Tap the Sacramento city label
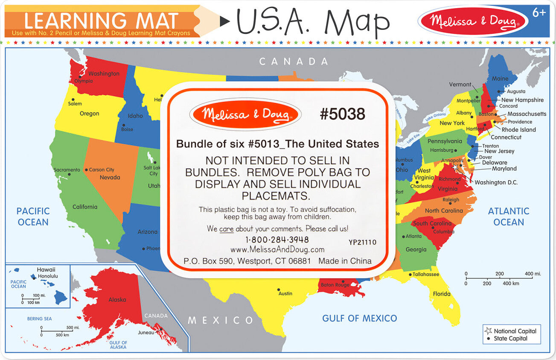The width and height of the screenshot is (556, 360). click(67, 170)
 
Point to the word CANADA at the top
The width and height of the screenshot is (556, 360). click(294, 61)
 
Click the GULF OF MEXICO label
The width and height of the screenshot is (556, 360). click(359, 318)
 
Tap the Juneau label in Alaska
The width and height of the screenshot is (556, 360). click(146, 333)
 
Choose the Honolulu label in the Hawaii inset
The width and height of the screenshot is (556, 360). click(48, 276)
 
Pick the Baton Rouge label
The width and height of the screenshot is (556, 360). click(335, 285)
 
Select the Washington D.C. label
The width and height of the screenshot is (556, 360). click(496, 182)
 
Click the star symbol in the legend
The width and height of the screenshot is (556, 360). click(488, 331)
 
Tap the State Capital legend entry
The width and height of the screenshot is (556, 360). click(510, 339)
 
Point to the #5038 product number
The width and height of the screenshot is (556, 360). click(342, 114)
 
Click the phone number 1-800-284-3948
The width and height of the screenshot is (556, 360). click(277, 240)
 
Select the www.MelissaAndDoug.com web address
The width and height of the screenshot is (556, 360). click(277, 249)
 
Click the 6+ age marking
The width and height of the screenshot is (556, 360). click(539, 13)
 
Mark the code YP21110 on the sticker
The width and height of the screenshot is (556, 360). click(362, 242)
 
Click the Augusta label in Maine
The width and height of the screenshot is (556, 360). click(516, 91)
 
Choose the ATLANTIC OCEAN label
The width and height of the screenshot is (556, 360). click(508, 217)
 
